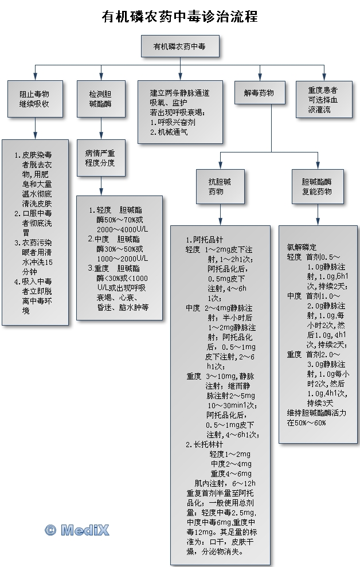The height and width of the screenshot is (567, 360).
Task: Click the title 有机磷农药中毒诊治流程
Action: (x=180, y=17)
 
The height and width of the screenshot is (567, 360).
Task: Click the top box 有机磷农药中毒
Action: (x=179, y=46)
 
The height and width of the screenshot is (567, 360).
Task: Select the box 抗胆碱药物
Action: (x=220, y=186)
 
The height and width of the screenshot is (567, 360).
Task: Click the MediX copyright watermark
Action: (x=77, y=530)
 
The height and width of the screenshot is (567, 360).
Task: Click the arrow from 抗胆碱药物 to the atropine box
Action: (x=220, y=215)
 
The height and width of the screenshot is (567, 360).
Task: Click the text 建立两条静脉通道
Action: (x=179, y=93)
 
